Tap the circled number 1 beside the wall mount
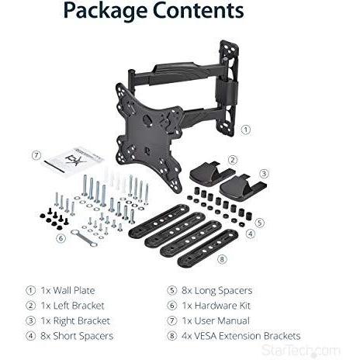(246, 130)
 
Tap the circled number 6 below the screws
(61, 238)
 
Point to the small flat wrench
(83, 237)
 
